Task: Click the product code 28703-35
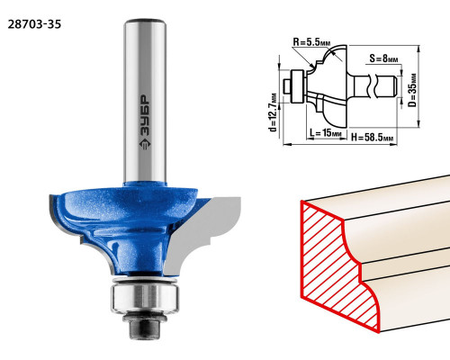[34, 24]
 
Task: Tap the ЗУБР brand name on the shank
[146, 115]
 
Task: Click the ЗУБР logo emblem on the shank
[145, 144]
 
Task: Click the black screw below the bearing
[144, 327]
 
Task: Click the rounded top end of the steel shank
[145, 22]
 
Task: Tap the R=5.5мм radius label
[311, 42]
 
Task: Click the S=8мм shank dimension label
[383, 58]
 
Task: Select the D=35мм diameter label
[413, 90]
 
